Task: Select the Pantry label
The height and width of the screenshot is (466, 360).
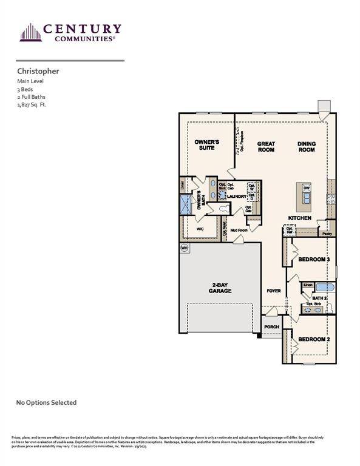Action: (327, 233)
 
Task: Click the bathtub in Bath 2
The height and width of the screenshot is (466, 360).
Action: (325, 288)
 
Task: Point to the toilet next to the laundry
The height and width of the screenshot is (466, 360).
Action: (225, 208)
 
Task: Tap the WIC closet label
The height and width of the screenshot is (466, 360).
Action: (200, 229)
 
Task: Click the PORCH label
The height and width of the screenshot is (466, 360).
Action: (271, 327)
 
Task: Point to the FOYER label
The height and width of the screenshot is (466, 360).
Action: (274, 291)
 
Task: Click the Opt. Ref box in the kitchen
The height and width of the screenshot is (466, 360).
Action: (288, 231)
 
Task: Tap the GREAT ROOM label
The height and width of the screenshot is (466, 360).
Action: (266, 146)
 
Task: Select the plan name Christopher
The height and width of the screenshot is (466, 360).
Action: (38, 71)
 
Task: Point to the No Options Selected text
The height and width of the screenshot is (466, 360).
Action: (46, 402)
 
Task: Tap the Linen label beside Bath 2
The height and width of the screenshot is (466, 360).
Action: (308, 285)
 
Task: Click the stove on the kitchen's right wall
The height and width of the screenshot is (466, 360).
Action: (330, 200)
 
